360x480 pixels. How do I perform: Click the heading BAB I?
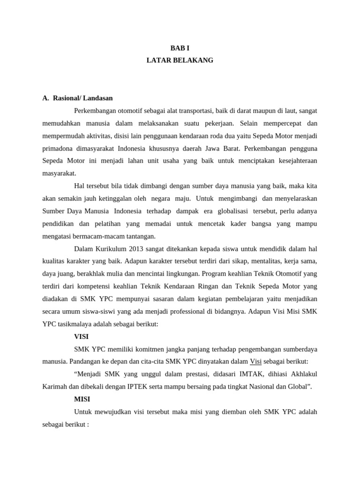pos(180,48)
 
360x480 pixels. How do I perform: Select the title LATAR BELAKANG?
pos(180,60)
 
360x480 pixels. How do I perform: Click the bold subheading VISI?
pos(81,337)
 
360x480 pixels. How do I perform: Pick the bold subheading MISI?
pos(82,399)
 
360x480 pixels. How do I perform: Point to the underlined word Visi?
pos(255,361)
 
